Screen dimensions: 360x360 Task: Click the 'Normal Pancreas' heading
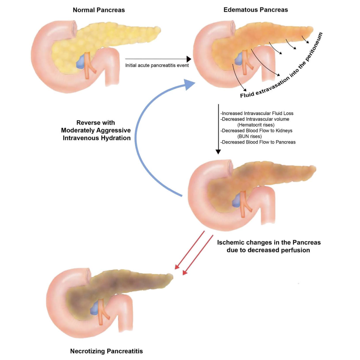tap(99, 10)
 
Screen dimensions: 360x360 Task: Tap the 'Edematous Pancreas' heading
tap(256, 10)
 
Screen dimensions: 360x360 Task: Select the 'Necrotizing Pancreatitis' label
tap(107, 351)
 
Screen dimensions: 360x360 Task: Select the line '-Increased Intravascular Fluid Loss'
tap(257, 114)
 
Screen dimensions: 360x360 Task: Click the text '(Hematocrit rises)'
tap(257, 125)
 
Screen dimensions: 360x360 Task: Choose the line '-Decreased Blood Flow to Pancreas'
tap(258, 142)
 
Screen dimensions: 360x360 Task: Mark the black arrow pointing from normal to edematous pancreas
tap(158, 59)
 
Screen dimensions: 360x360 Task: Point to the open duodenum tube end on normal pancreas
tap(75, 26)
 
